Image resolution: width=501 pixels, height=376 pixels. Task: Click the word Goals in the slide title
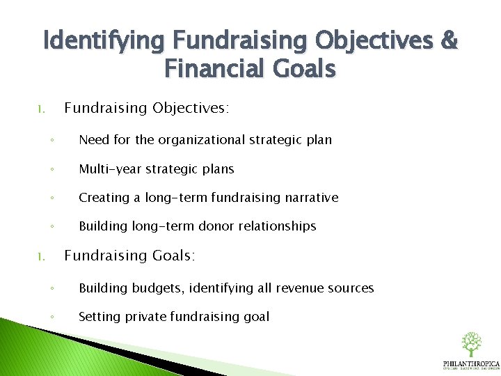pyautogui.click(x=301, y=69)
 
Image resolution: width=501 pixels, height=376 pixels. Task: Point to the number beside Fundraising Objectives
pyautogui.click(x=42, y=109)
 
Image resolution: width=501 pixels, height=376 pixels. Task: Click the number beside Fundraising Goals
pyautogui.click(x=42, y=257)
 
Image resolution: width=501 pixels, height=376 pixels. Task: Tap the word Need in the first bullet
pyautogui.click(x=95, y=139)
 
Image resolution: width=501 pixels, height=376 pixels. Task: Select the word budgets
pyautogui.click(x=152, y=288)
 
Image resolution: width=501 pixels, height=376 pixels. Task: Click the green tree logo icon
pyautogui.click(x=471, y=344)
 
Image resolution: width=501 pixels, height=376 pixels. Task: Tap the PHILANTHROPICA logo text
pyautogui.click(x=471, y=363)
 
